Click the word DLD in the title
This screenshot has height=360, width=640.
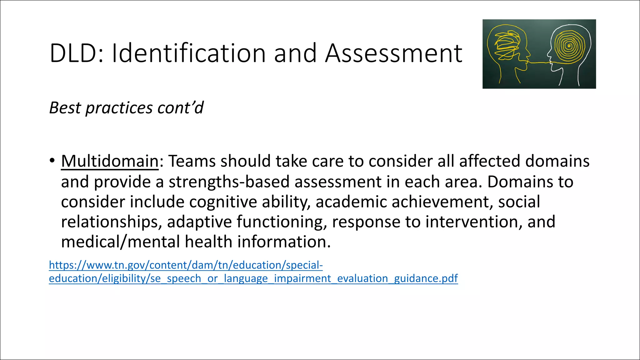pos(74,53)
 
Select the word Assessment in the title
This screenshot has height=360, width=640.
pos(393,53)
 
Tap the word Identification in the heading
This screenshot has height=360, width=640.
pos(188,53)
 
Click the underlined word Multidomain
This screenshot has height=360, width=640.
pos(110,161)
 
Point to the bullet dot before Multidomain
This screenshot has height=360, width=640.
pos(52,161)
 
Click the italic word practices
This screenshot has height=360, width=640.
pos(119,108)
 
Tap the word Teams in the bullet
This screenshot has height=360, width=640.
pos(192,161)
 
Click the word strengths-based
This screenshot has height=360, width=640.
pos(229,182)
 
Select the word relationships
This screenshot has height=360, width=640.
pos(111,222)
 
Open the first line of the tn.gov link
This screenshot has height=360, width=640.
pos(186,265)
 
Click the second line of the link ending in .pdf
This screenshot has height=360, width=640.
pos(253,278)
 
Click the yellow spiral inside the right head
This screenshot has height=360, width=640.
pos(569,47)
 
